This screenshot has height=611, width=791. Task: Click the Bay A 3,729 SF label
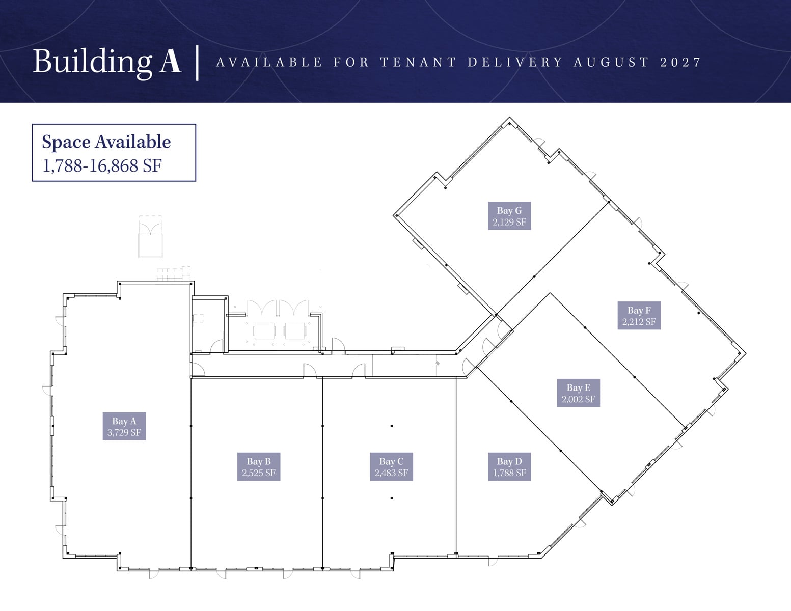[124, 426]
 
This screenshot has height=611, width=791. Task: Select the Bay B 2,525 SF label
[259, 466]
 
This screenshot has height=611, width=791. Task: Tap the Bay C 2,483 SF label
[391, 466]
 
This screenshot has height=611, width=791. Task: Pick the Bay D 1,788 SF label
[509, 466]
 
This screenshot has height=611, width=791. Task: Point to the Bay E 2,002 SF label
[579, 393]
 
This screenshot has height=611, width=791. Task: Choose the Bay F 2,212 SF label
[639, 316]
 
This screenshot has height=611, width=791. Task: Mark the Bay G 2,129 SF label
[509, 216]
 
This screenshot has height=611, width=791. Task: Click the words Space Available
[106, 142]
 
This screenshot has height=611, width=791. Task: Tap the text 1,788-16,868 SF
[102, 166]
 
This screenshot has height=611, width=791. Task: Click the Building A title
[107, 62]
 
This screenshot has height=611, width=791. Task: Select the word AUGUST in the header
[612, 62]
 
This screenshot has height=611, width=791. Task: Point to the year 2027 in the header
[680, 62]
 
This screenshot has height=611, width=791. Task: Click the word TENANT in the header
[418, 62]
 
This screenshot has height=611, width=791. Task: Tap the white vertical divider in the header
[197, 63]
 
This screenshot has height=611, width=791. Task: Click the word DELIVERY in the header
[515, 62]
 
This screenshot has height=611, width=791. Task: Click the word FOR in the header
[351, 62]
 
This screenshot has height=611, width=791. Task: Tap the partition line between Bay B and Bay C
[322, 473]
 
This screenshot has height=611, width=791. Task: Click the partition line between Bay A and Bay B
[190, 473]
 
